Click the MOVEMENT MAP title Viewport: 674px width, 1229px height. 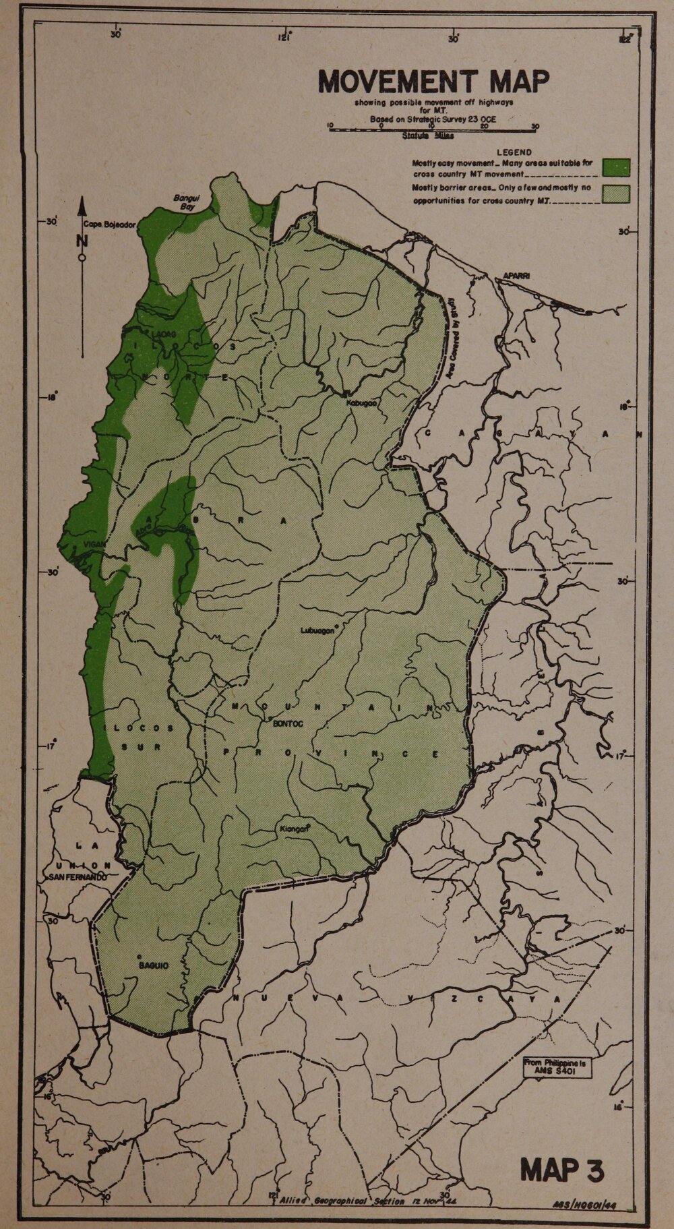pos(433,82)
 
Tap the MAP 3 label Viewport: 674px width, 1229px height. pos(561,1170)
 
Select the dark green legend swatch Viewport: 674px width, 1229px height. pos(616,167)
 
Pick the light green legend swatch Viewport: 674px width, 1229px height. pos(616,194)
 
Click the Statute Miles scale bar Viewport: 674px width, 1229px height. pos(431,127)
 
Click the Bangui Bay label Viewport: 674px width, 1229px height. pos(183,203)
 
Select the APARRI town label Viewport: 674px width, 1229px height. pos(517,276)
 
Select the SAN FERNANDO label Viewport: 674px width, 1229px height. pos(77,877)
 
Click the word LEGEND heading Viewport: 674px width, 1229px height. pos(514,152)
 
